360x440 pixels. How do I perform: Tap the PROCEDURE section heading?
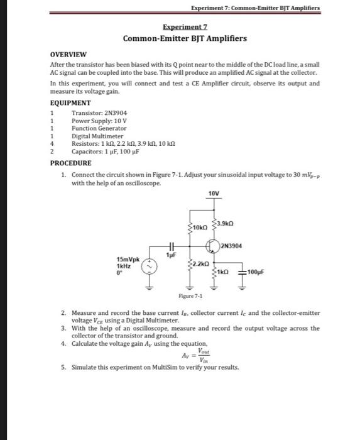tap(72, 163)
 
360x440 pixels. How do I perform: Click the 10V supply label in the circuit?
tap(214, 194)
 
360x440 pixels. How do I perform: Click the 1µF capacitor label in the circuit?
tap(169, 255)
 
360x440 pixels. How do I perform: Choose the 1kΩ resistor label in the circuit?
tap(225, 271)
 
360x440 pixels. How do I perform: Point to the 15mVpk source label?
tap(128, 258)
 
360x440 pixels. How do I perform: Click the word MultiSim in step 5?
tap(155, 368)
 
